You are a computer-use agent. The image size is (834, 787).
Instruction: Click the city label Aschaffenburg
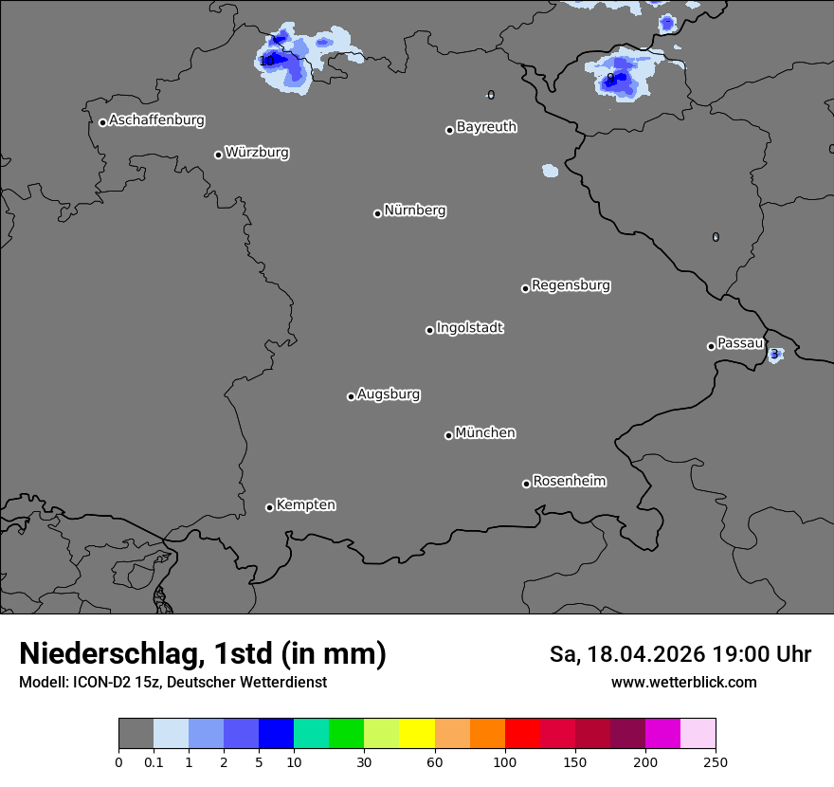tap(156, 120)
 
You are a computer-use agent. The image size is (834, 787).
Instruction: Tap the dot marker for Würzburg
tap(218, 155)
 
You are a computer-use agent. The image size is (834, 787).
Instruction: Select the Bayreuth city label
tap(486, 126)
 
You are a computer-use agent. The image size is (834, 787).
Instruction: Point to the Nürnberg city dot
tap(377, 213)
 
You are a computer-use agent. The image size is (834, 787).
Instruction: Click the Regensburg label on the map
tap(571, 284)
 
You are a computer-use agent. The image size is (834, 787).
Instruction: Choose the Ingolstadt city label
tap(469, 328)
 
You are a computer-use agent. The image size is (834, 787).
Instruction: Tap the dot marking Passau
tap(711, 346)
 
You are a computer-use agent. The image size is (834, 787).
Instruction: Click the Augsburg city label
tap(389, 393)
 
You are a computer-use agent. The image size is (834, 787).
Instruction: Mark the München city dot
tap(448, 435)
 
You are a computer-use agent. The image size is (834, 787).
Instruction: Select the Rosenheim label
tap(569, 481)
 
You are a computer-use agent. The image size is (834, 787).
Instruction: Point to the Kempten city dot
tap(269, 507)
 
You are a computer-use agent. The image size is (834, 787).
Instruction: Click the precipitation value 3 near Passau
tap(774, 355)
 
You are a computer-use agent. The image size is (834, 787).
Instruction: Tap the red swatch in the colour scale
tap(522, 734)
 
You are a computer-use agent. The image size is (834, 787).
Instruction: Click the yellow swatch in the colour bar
tap(417, 734)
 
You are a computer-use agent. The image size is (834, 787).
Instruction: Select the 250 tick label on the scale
tap(716, 761)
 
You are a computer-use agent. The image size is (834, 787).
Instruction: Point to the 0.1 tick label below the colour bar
tap(154, 761)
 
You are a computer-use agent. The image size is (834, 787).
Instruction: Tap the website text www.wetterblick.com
tap(683, 683)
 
